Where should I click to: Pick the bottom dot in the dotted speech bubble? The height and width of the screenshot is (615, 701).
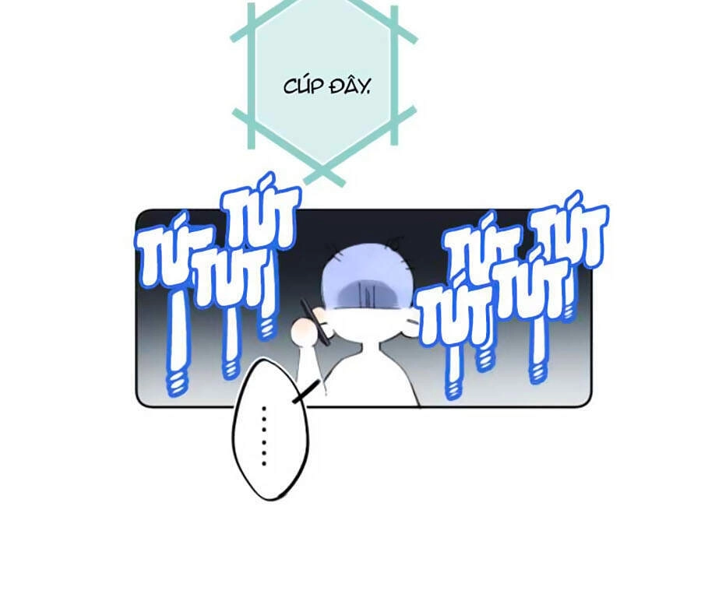click(x=264, y=464)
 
